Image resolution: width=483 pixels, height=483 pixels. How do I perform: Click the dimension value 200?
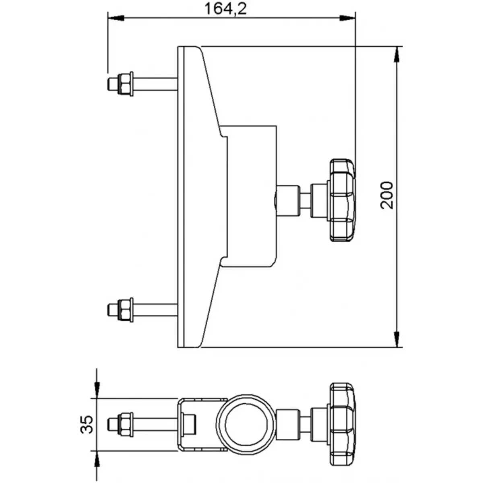coord(387,195)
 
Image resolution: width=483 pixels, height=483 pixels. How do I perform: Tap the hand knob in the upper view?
coord(342,200)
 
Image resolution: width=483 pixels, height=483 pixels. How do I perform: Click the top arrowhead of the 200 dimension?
coord(397,54)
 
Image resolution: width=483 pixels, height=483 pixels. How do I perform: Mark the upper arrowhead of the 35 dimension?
coord(96,390)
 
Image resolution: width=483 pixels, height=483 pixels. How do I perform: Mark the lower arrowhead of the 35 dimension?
coord(96,459)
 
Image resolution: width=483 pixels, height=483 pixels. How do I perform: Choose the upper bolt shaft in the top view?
coord(155,84)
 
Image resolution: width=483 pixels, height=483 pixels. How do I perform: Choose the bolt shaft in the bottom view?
coord(155,424)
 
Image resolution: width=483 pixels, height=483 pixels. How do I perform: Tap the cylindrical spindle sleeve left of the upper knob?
coord(287,200)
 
